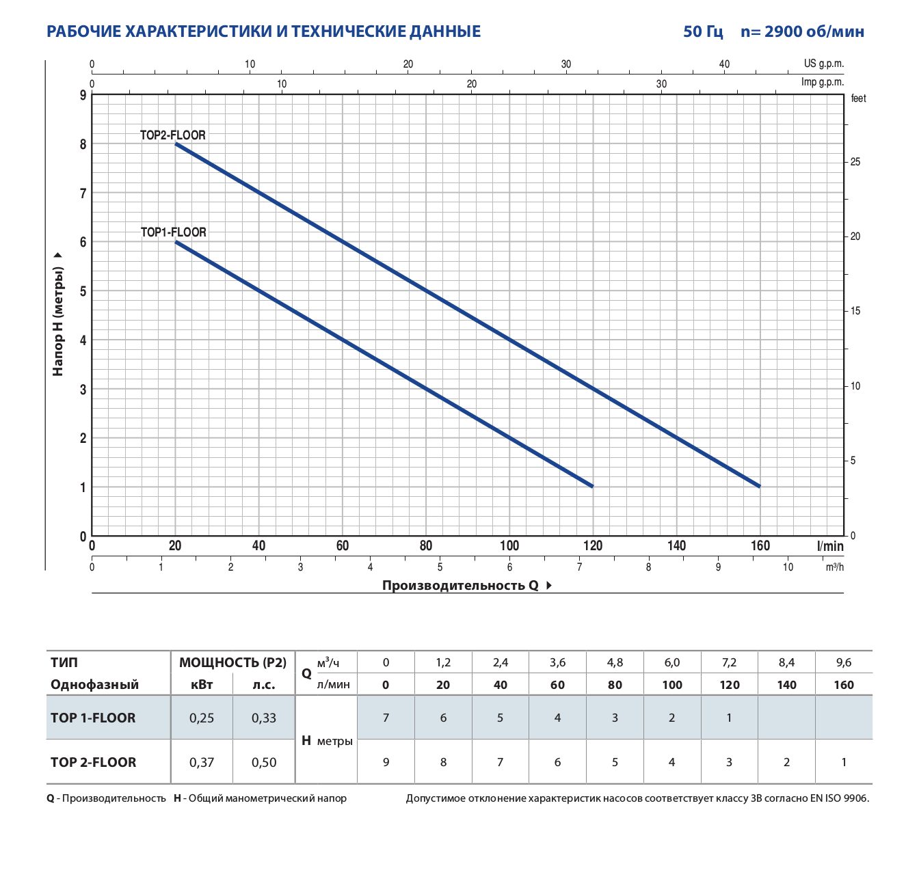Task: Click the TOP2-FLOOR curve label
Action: coord(173,135)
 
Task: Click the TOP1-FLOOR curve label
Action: coord(173,232)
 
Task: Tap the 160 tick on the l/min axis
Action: coord(760,546)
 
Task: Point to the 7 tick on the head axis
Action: coord(83,193)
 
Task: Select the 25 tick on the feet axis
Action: coord(855,162)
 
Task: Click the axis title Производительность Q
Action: coord(460,585)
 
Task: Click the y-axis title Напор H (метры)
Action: coord(57,321)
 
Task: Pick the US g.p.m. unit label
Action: coord(823,64)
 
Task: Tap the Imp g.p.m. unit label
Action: coord(822,82)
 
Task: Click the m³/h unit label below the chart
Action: coord(834,567)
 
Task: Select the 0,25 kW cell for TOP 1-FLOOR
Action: coord(202,718)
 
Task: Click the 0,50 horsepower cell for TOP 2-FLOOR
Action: coord(263,762)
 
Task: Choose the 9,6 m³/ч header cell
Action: coord(843,663)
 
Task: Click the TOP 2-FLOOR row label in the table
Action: coord(94,762)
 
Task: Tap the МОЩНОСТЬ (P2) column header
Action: coord(232,663)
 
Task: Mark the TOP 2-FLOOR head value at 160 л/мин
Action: coord(843,762)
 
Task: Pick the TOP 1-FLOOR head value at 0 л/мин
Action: coord(386,718)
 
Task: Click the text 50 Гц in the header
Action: coord(703,31)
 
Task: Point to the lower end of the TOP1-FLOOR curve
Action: coord(592,486)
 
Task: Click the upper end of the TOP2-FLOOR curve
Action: coord(176,144)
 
